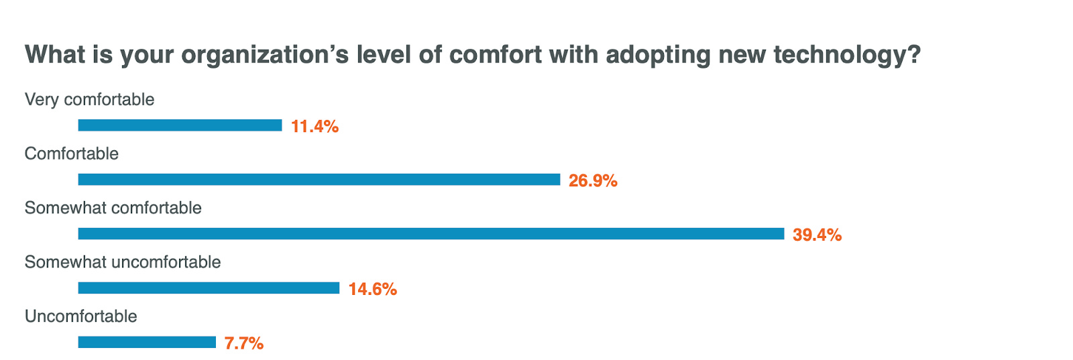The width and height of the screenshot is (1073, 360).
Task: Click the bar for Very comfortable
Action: [180, 125]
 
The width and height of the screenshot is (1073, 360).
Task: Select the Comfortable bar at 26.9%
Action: [319, 180]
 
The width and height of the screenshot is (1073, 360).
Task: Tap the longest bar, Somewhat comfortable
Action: [431, 234]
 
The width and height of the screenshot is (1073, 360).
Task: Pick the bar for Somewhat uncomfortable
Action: [209, 288]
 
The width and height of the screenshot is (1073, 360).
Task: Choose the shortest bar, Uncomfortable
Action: [147, 343]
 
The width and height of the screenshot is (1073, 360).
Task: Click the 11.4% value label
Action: [315, 126]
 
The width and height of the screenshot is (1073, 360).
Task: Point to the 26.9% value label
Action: [593, 180]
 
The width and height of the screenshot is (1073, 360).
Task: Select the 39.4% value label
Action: [817, 235]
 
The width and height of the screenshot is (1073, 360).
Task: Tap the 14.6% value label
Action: [373, 289]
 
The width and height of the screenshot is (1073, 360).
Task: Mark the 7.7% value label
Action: [244, 343]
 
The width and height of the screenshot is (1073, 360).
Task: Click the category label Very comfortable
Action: [89, 99]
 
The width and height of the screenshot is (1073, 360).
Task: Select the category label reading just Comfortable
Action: [71, 154]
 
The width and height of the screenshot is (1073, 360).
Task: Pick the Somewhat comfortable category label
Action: [113, 208]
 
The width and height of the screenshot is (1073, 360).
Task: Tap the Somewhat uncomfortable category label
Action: [123, 262]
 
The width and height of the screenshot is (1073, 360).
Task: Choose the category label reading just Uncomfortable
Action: [80, 316]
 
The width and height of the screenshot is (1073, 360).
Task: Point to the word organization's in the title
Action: [265, 54]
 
